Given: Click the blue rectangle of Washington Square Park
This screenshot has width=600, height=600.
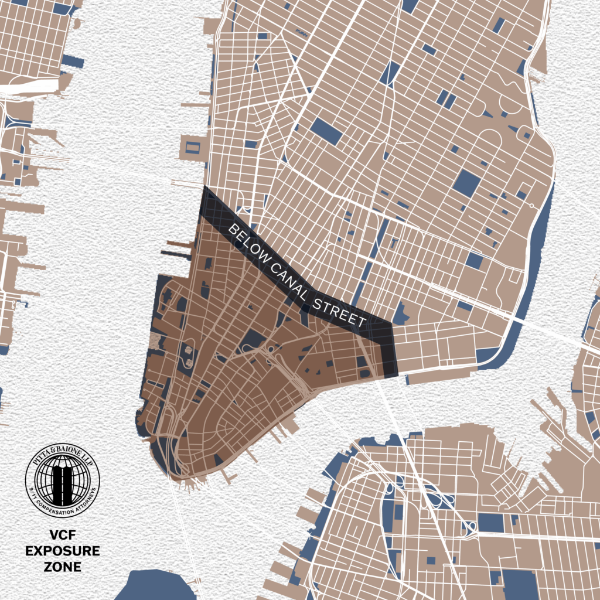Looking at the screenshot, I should tap(326, 131).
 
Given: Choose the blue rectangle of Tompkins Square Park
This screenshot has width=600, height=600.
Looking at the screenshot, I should tap(466, 183).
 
